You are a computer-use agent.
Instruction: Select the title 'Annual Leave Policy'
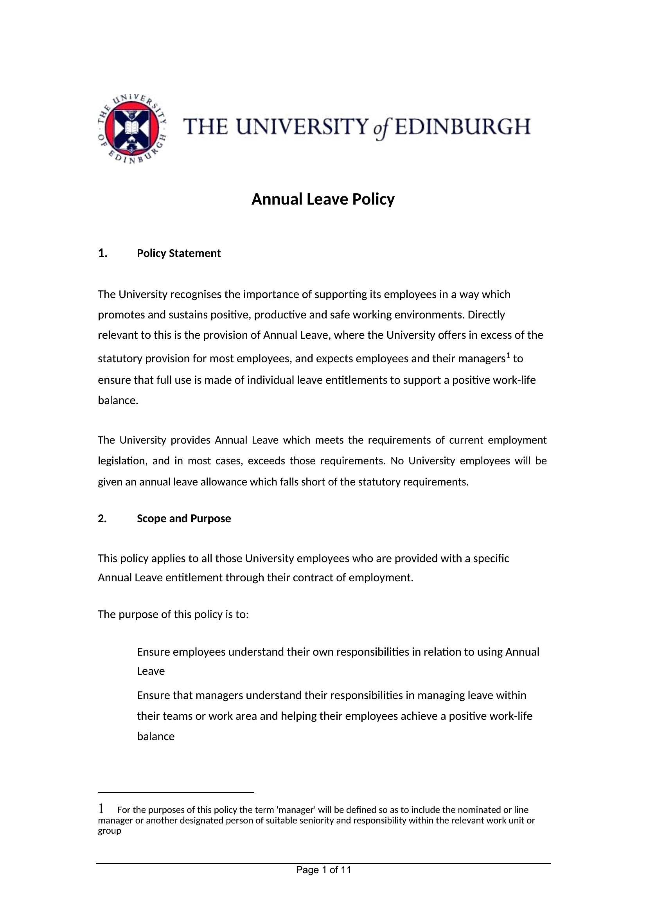[323, 199]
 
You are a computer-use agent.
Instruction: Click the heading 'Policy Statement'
[178, 253]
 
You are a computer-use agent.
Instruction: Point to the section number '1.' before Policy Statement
[103, 253]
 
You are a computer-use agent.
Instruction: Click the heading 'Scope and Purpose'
[184, 518]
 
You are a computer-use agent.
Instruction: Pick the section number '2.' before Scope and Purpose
[102, 518]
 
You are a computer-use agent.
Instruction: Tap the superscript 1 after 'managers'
[508, 356]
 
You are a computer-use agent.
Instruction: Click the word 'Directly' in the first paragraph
[486, 315]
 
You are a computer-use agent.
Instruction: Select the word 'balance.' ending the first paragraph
[118, 401]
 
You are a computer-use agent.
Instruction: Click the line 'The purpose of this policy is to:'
[173, 614]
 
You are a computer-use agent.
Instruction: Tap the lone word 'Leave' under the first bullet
[151, 671]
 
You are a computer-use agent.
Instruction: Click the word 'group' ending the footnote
[110, 831]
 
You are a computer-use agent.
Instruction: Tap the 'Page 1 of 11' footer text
[323, 870]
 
